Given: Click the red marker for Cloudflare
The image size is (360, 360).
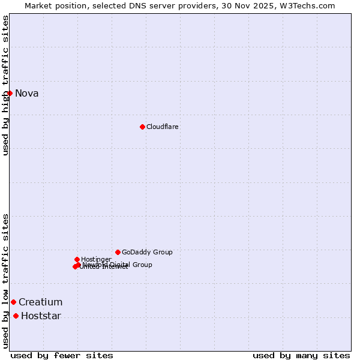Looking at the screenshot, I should pos(142,127).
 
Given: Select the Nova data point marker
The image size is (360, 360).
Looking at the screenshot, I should pos(10,93).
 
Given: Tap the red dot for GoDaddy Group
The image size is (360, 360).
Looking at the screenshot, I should pos(118,252).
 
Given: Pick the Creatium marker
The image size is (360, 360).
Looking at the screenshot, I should pos(13,302).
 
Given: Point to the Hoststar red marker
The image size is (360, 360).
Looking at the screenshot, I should pos(16,316).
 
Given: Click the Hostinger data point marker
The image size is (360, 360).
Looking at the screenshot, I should pos(77,259).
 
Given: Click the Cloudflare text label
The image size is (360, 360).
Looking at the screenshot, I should pos(163,127).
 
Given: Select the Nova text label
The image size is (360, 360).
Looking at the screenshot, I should pos(27,93).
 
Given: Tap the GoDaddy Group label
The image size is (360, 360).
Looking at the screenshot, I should pos(147,252).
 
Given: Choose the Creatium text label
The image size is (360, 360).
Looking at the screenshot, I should pos(40,302).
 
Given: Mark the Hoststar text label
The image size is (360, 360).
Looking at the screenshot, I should pos(41,316).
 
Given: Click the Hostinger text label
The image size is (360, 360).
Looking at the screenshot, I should pos(96,259).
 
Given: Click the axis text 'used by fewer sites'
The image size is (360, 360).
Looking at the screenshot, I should pos(62,355).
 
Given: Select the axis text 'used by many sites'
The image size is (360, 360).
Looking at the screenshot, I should pos(301,355).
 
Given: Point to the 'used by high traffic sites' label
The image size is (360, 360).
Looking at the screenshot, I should pos(5,85).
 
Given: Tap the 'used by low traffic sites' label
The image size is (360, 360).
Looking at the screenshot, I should pos(5,280).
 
